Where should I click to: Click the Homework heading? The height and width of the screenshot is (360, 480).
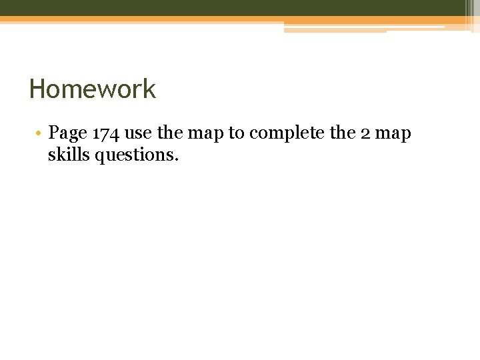[x=93, y=89]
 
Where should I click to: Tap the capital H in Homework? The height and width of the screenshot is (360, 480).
[x=37, y=89]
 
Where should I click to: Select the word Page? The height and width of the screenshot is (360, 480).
[x=68, y=134]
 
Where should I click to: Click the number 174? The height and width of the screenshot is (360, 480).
[x=105, y=133]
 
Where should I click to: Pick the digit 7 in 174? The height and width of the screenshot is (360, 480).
[x=105, y=133]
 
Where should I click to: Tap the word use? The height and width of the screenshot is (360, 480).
[x=138, y=133]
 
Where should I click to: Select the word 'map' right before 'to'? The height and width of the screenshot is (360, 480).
[x=206, y=134]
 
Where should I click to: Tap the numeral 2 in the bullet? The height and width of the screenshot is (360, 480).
[x=366, y=133]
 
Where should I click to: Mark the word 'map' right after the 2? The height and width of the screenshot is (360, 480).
[x=394, y=134]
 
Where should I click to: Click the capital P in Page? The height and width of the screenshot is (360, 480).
[x=53, y=133]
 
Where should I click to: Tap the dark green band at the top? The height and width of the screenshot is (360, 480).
[x=233, y=7]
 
